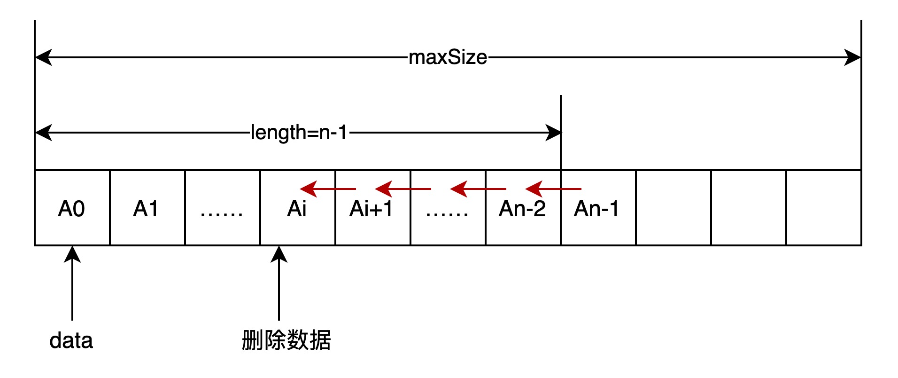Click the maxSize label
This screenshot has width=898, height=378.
pos(448,57)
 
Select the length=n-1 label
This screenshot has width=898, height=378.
pos(299,133)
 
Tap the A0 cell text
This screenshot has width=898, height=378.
pos(71,209)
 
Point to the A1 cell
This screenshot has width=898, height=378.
pos(146,209)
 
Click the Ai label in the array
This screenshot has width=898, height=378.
pos(297,209)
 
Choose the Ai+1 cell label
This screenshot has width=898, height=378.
pos(371,209)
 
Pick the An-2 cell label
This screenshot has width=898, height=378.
pos(522,209)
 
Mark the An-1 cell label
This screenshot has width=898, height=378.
pos(596,209)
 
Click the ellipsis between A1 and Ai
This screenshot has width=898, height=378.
pos(222,213)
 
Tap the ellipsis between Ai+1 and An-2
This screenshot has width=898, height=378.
pos(447,213)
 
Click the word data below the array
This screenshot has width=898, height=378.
pos(71,340)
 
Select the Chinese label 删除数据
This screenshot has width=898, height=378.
pos(286,340)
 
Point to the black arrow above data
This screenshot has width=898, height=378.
pos(72,282)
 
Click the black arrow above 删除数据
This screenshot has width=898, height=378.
pos(279,282)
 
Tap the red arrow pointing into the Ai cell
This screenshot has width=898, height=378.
pos(328,189)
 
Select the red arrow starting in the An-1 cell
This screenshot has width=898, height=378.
pos(553,189)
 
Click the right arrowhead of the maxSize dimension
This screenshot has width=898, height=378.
pos(852,57)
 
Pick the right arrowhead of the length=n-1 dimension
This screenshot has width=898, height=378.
pos(553,133)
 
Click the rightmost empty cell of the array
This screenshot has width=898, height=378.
pos(824,208)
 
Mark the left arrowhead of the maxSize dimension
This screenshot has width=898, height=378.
pos(44,57)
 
